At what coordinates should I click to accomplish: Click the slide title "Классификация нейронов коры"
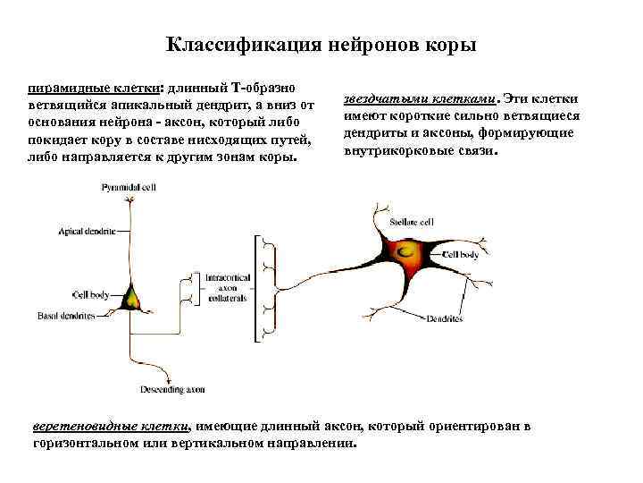(x=321, y=45)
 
